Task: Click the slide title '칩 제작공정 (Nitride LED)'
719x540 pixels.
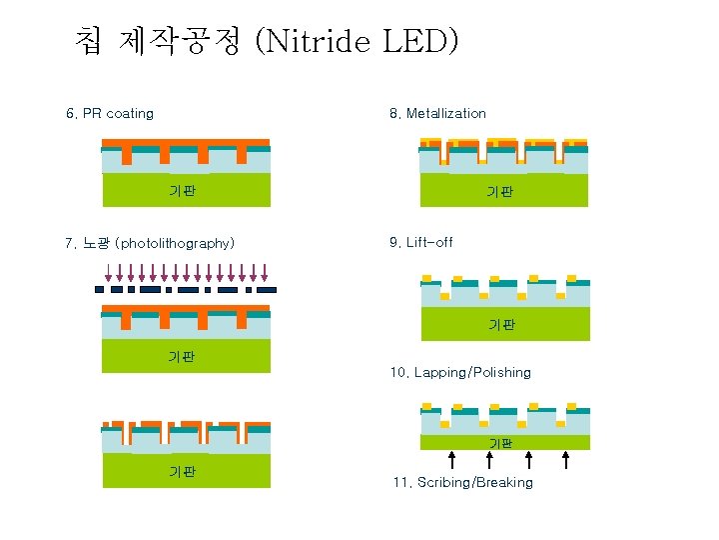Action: (x=267, y=41)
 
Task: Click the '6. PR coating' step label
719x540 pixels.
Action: (x=110, y=113)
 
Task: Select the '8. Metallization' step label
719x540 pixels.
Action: (x=437, y=113)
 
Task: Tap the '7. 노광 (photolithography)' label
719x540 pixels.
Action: (x=150, y=243)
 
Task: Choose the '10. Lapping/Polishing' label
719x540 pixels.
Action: (x=460, y=372)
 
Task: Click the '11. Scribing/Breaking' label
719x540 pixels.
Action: (x=462, y=482)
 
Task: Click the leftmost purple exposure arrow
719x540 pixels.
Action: (x=109, y=272)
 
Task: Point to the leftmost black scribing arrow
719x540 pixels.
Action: (x=451, y=460)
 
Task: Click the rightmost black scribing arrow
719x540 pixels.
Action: (x=566, y=460)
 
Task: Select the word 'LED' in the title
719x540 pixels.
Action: (x=417, y=41)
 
